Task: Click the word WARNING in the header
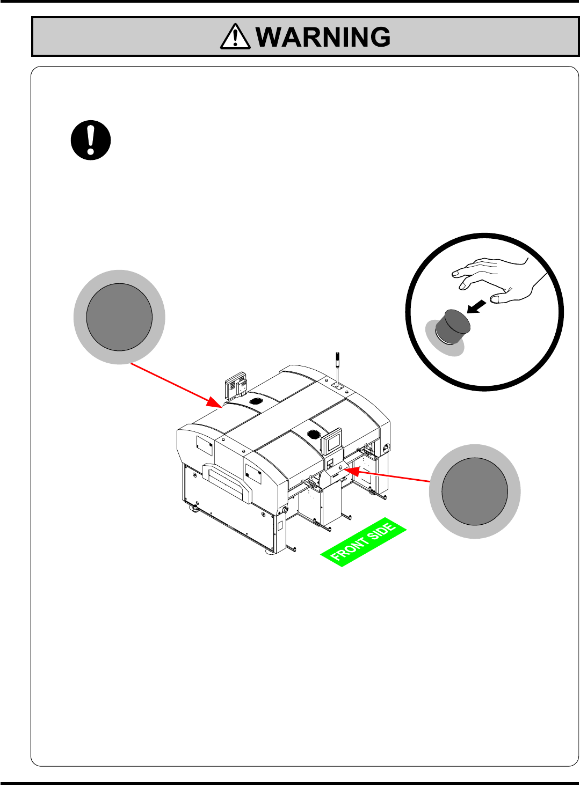pyautogui.click(x=323, y=37)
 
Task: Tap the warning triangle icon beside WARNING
pyautogui.click(x=235, y=37)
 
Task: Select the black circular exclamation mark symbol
pyautogui.click(x=91, y=140)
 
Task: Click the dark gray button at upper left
pyautogui.click(x=119, y=317)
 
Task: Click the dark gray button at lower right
pyautogui.click(x=475, y=491)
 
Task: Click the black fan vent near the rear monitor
pyautogui.click(x=257, y=401)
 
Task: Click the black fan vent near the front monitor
pyautogui.click(x=314, y=434)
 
